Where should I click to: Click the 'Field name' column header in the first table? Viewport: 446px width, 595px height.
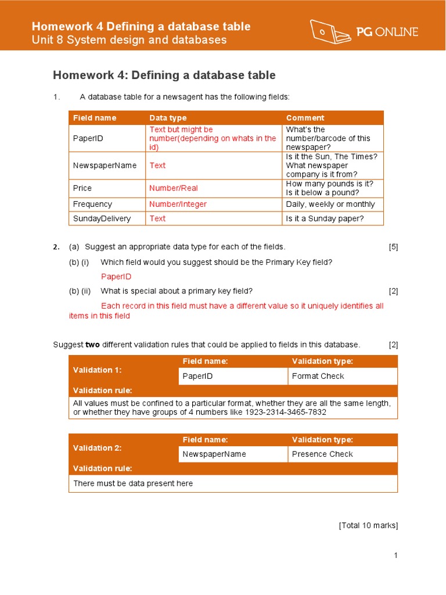pyautogui.click(x=95, y=118)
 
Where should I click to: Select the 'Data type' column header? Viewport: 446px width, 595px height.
pyautogui.click(x=168, y=118)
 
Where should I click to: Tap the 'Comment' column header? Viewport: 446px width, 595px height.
pyautogui.click(x=305, y=118)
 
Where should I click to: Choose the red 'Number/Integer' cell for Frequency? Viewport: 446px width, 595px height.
pyautogui.click(x=178, y=205)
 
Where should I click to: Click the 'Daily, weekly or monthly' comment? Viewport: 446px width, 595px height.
pyautogui.click(x=330, y=205)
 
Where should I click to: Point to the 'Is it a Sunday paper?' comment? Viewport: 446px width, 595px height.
pyautogui.click(x=325, y=218)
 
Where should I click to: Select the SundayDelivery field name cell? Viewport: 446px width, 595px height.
pyautogui.click(x=102, y=218)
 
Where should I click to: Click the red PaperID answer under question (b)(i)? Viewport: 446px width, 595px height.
pyautogui.click(x=116, y=277)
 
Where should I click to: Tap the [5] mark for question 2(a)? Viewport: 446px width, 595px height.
pyautogui.click(x=393, y=247)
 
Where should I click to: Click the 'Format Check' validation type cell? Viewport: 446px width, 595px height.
pyautogui.click(x=318, y=376)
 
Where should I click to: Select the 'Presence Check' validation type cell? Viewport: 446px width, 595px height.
pyautogui.click(x=322, y=454)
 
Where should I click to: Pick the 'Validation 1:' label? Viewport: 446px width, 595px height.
pyautogui.click(x=98, y=370)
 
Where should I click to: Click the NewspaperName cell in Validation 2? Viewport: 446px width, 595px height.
pyautogui.click(x=214, y=454)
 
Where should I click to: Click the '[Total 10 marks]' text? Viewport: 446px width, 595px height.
pyautogui.click(x=368, y=525)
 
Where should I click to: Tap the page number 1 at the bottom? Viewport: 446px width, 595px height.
pyautogui.click(x=395, y=555)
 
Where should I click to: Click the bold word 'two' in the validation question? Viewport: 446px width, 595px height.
pyautogui.click(x=92, y=345)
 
